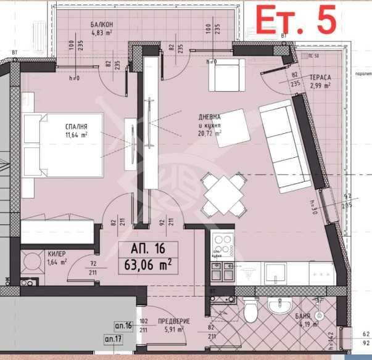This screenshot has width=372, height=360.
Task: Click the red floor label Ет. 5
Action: tap(296, 20)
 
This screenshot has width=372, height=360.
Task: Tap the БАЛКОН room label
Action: tap(101, 24)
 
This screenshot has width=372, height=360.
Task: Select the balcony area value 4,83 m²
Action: tap(101, 34)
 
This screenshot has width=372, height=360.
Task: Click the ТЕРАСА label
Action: tap(321, 78)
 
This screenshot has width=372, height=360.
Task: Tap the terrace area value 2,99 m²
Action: tap(321, 86)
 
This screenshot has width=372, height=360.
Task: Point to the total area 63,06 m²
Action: tap(148, 266)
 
